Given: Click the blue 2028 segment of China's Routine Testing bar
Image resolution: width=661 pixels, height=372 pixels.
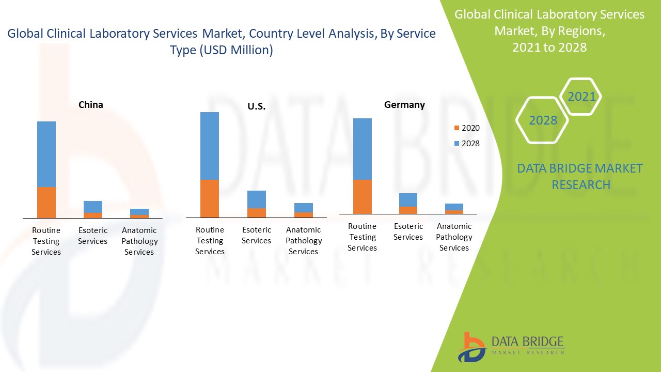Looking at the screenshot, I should (46, 154).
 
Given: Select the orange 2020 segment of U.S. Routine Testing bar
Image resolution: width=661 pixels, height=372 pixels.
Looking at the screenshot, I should (210, 198).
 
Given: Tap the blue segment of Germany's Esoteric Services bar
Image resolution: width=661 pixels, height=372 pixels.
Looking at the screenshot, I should (408, 200).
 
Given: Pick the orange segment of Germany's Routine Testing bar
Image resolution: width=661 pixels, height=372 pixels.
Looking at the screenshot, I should (363, 196).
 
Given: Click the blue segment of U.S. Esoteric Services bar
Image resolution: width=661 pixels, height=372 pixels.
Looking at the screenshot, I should (257, 199).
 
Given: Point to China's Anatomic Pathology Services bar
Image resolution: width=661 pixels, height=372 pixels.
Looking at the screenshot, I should (139, 213).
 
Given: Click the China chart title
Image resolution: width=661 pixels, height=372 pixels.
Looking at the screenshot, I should (91, 105).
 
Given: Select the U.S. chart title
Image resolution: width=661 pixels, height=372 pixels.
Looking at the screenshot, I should (256, 106).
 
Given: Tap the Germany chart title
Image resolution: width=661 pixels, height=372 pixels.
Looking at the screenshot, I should (404, 105).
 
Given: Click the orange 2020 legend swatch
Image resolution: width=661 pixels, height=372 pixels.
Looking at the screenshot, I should (456, 128).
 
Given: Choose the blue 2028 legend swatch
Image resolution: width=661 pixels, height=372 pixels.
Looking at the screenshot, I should (456, 144).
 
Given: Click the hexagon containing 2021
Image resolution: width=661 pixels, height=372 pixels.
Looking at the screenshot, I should (581, 97).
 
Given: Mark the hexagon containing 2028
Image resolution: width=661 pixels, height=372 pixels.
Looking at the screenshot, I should (543, 120).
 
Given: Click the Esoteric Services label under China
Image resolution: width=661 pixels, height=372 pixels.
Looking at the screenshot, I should (93, 236).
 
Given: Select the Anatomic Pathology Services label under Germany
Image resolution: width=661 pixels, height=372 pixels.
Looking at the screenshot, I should (454, 237).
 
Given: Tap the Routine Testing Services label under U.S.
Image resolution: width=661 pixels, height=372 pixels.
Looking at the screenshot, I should (210, 241).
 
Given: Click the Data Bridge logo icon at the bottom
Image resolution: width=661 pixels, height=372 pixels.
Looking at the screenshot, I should (471, 347).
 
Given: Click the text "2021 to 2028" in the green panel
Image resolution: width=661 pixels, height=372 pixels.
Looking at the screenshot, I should (549, 47).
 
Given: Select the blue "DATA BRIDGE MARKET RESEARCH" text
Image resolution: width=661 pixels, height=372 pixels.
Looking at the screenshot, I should (580, 177).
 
